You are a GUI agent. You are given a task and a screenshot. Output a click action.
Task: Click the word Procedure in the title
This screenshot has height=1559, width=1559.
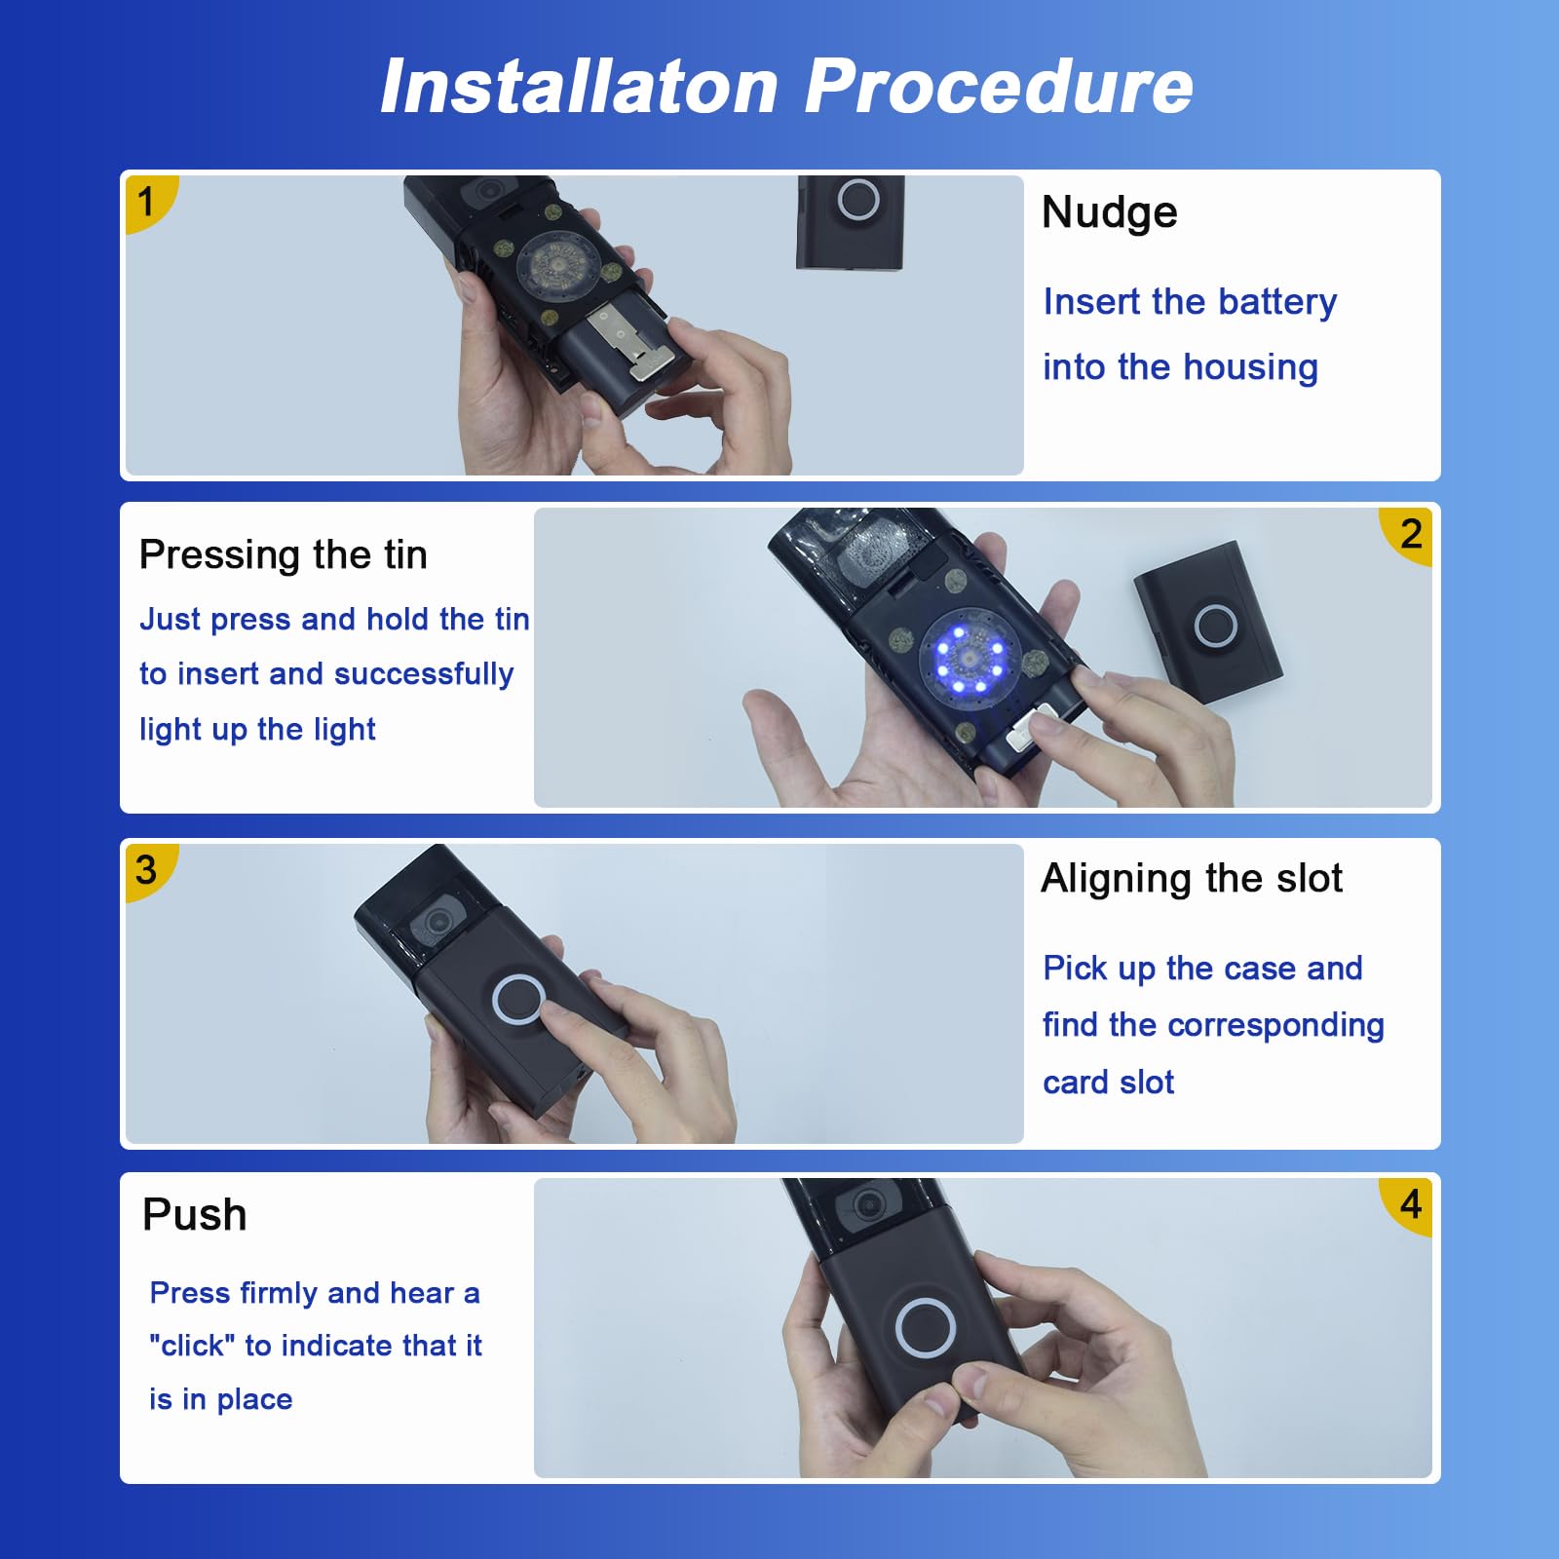[999, 88]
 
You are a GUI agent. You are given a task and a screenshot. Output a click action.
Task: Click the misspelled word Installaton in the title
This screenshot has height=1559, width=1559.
[580, 86]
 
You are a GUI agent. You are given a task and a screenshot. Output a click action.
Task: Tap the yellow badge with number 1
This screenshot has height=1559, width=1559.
[149, 202]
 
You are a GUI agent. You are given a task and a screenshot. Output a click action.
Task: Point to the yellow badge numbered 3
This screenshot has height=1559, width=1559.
[149, 869]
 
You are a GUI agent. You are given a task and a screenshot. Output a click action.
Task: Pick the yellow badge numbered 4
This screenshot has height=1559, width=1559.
[1408, 1205]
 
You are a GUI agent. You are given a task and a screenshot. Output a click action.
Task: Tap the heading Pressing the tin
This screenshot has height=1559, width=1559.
[284, 555]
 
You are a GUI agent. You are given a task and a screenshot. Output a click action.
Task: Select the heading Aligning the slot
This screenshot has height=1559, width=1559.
[1192, 879]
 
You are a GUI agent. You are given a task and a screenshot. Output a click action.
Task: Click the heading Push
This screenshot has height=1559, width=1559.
[195, 1215]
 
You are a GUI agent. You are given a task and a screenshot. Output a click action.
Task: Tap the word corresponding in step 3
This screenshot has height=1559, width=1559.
[1275, 1026]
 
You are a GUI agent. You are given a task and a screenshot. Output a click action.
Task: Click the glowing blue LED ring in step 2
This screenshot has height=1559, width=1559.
[970, 659]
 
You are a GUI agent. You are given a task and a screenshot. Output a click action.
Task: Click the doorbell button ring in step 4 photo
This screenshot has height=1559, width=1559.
[926, 1327]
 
